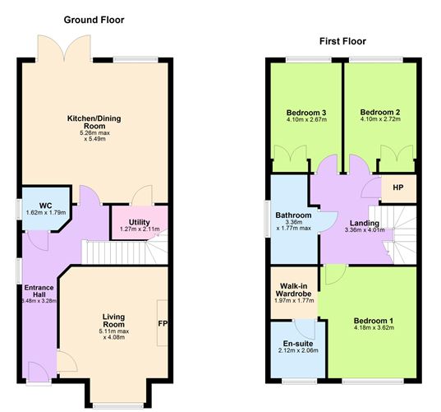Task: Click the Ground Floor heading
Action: point(94,20)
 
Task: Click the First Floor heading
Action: point(342,41)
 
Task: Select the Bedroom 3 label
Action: point(306,113)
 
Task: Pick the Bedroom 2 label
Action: point(379,113)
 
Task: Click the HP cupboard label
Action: point(397,188)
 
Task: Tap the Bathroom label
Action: point(293,215)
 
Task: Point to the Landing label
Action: point(363,223)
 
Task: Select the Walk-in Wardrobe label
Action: point(294,291)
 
